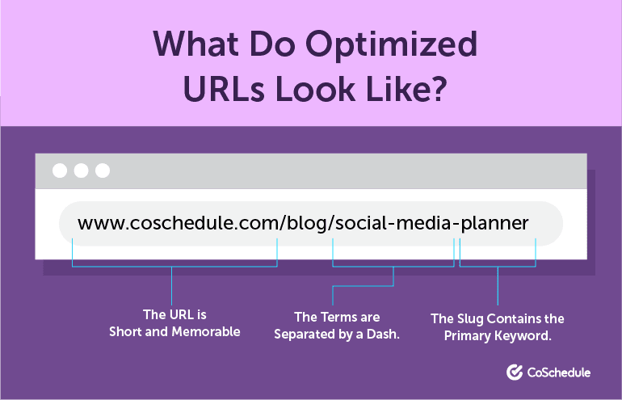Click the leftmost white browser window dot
(x=60, y=171)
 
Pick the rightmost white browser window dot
(x=102, y=171)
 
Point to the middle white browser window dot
(x=81, y=171)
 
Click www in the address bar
(x=97, y=223)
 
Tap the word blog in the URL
(x=306, y=223)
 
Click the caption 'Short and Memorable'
(x=174, y=331)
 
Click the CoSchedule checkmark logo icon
(x=515, y=373)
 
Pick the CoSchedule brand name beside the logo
(x=559, y=373)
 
